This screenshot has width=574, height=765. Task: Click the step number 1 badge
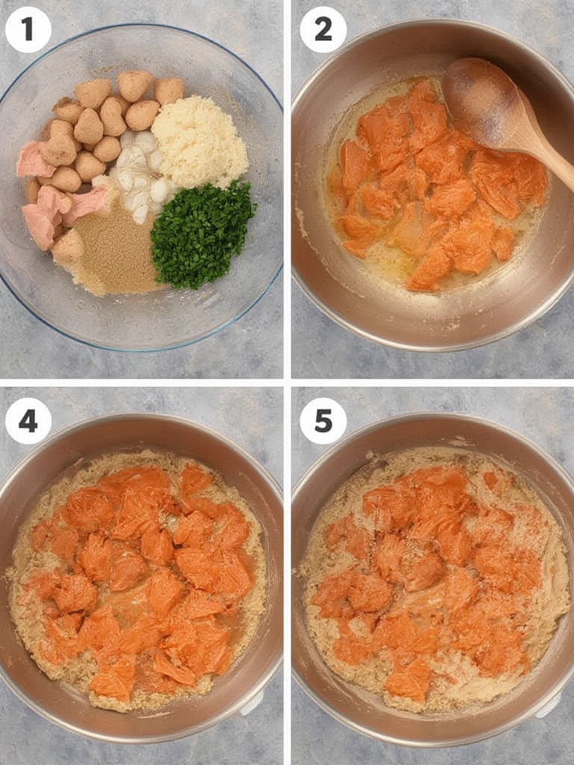28,29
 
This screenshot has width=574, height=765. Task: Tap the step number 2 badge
323,29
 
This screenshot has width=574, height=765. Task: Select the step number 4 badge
28,421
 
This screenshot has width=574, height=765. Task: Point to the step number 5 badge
323,421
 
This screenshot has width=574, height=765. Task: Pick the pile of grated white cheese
200,141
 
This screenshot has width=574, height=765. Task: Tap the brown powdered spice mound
117,254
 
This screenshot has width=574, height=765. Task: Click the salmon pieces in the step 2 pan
433,187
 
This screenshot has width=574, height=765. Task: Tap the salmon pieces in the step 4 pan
142,575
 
